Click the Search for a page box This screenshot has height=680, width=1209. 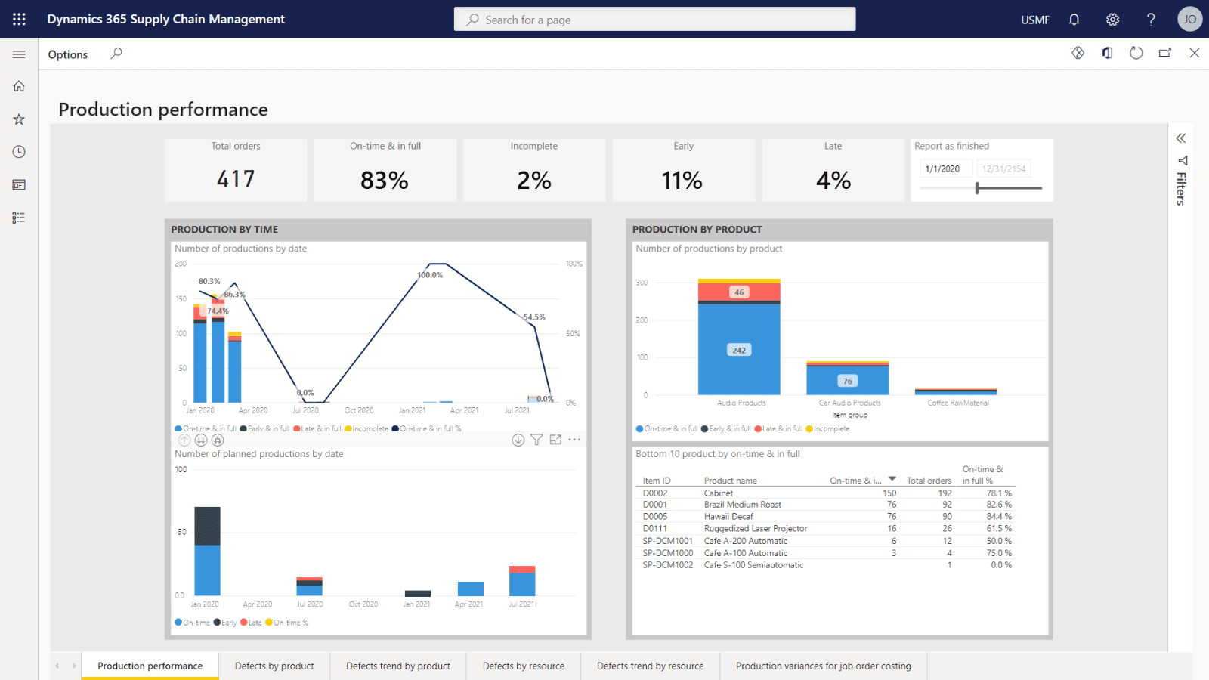[654, 20]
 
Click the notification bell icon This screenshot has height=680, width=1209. [1074, 20]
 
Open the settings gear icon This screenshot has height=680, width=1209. [1112, 20]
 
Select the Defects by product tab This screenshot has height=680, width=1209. [274, 666]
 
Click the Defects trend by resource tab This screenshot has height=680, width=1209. [650, 666]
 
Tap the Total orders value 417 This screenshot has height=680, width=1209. [236, 179]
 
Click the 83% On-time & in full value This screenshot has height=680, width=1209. [385, 181]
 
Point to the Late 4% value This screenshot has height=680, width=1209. [833, 181]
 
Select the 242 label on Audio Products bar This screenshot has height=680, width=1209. [739, 350]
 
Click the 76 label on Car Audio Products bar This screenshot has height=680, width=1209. [847, 381]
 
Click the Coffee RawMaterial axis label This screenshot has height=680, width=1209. [957, 403]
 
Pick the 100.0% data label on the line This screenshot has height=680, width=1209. [430, 275]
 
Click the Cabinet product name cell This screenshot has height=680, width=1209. [719, 493]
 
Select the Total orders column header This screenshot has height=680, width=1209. [929, 481]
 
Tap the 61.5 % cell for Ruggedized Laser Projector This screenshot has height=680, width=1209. [998, 528]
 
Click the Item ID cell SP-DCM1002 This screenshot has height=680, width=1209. [667, 564]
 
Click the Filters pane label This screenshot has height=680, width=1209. [1181, 188]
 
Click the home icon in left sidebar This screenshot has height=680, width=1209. [19, 86]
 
